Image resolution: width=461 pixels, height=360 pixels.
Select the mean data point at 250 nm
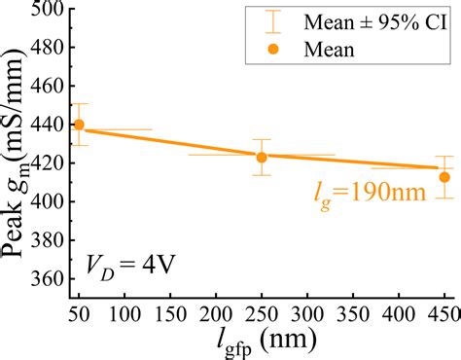262,157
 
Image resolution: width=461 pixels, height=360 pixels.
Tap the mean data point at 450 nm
444,177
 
